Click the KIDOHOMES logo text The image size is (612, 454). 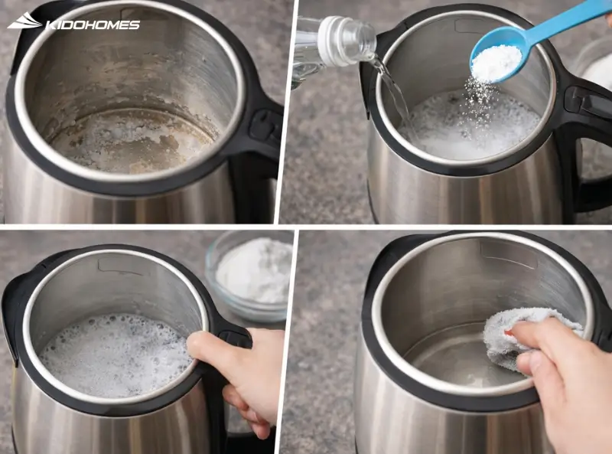[x=93, y=25]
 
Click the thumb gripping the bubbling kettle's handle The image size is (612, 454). [x=206, y=345]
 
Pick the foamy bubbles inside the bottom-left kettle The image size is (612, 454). [x=116, y=354]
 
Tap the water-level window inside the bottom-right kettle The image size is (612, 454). [x=508, y=254]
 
